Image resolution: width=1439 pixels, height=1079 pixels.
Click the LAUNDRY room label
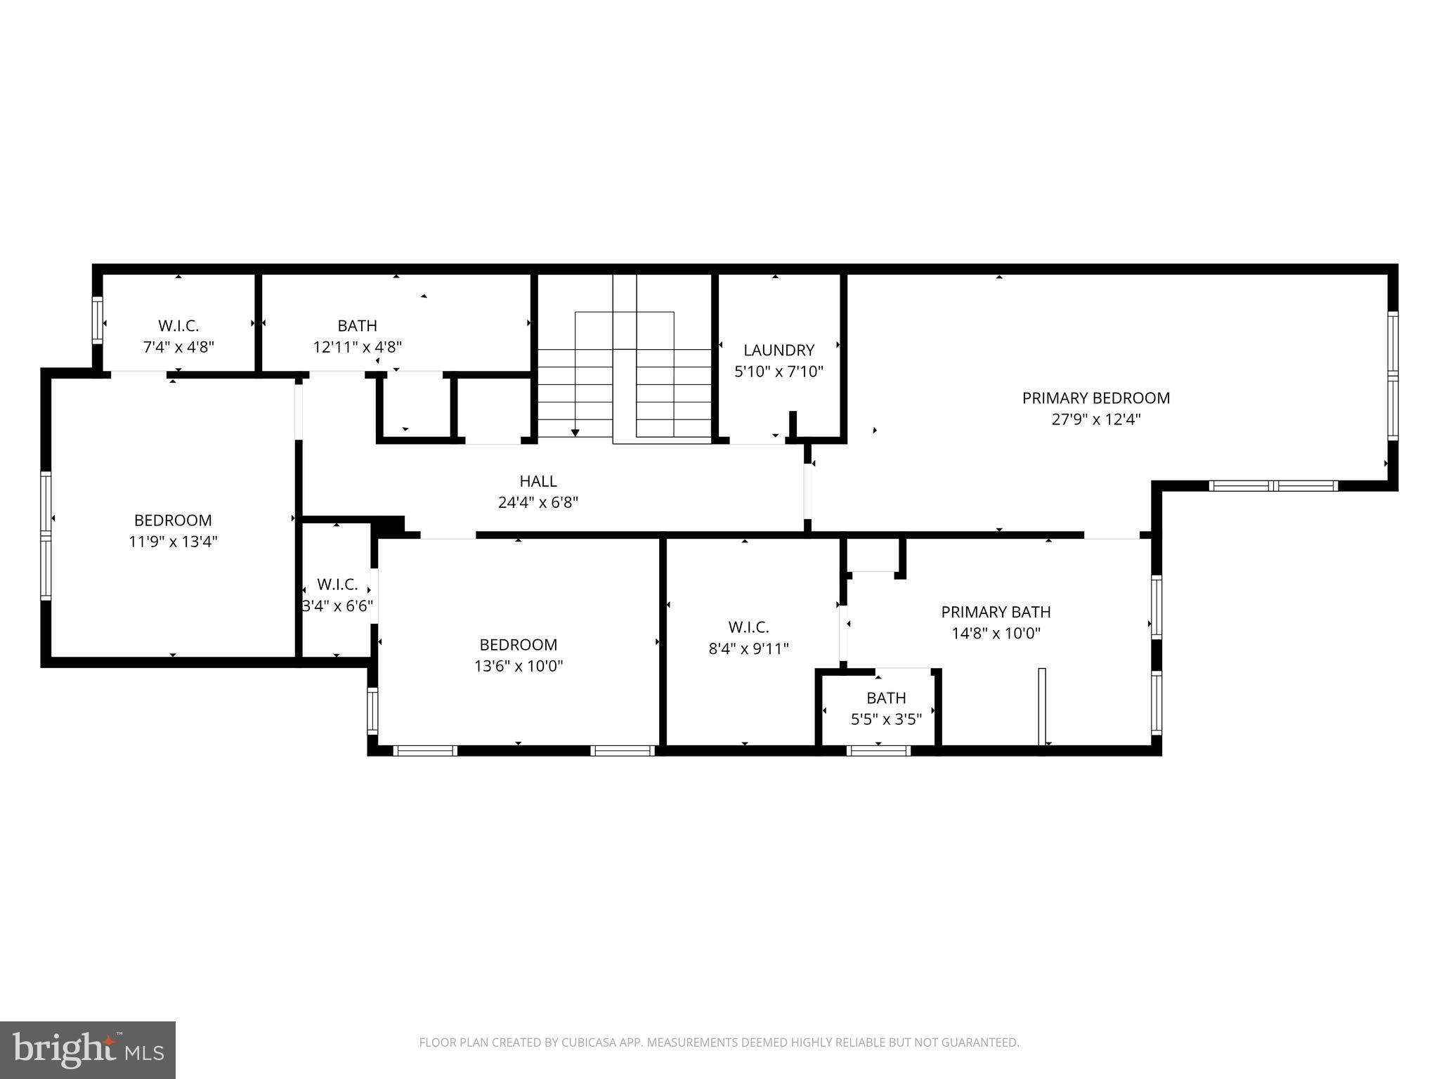click(779, 350)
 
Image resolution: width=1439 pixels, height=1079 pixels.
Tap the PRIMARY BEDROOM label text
click(1095, 398)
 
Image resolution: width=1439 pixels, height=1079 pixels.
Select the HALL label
click(538, 481)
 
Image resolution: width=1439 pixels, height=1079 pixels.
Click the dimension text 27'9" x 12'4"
click(1095, 419)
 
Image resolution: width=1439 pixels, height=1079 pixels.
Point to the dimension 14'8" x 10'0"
click(996, 633)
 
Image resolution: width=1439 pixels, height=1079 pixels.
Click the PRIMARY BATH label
click(996, 612)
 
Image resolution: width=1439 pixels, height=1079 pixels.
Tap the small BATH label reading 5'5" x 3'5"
click(886, 698)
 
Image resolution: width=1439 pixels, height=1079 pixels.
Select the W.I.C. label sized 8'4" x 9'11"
click(748, 627)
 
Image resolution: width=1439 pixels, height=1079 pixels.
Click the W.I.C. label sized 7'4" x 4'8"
click(178, 326)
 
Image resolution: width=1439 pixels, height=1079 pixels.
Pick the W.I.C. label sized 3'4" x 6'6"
click(337, 584)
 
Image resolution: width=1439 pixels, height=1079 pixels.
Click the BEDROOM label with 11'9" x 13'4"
click(173, 521)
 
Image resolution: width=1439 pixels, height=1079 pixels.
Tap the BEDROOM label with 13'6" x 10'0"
click(519, 645)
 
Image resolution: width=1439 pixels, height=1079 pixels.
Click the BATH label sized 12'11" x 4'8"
click(357, 326)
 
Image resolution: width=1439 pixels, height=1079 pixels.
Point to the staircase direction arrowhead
click(575, 433)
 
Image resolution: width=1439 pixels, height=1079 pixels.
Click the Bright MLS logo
click(88, 1049)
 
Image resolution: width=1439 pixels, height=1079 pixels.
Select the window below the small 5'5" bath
click(878, 751)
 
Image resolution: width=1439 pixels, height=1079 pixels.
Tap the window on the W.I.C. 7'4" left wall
click(98, 320)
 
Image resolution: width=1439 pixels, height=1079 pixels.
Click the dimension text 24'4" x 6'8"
click(538, 502)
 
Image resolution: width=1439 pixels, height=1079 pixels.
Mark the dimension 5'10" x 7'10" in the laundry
click(779, 371)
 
